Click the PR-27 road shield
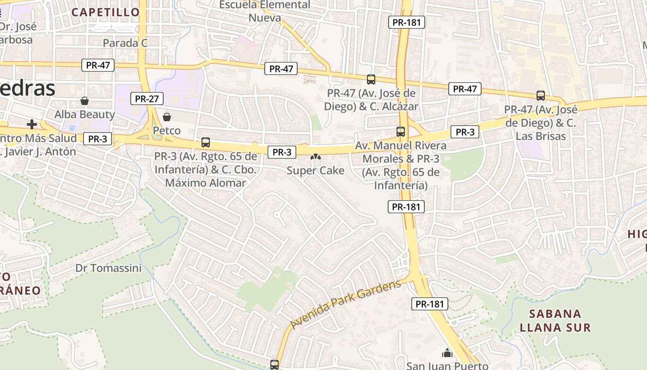(147, 99)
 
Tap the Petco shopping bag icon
(167, 117)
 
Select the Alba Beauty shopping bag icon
(85, 101)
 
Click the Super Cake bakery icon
(316, 158)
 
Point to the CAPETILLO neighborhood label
(106, 12)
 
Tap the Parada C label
(125, 43)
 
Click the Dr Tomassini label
(109, 268)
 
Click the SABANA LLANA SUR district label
(555, 321)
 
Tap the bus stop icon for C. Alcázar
(371, 79)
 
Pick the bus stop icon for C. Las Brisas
(541, 96)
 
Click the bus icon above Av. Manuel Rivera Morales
(401, 132)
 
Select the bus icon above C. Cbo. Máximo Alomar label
(206, 142)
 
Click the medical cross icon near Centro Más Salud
(32, 124)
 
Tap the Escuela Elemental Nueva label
(265, 12)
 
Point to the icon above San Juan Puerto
(447, 353)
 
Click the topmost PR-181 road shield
(406, 22)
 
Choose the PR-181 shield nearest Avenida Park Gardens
(430, 304)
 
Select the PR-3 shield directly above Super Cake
(281, 152)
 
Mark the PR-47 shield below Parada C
(98, 65)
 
